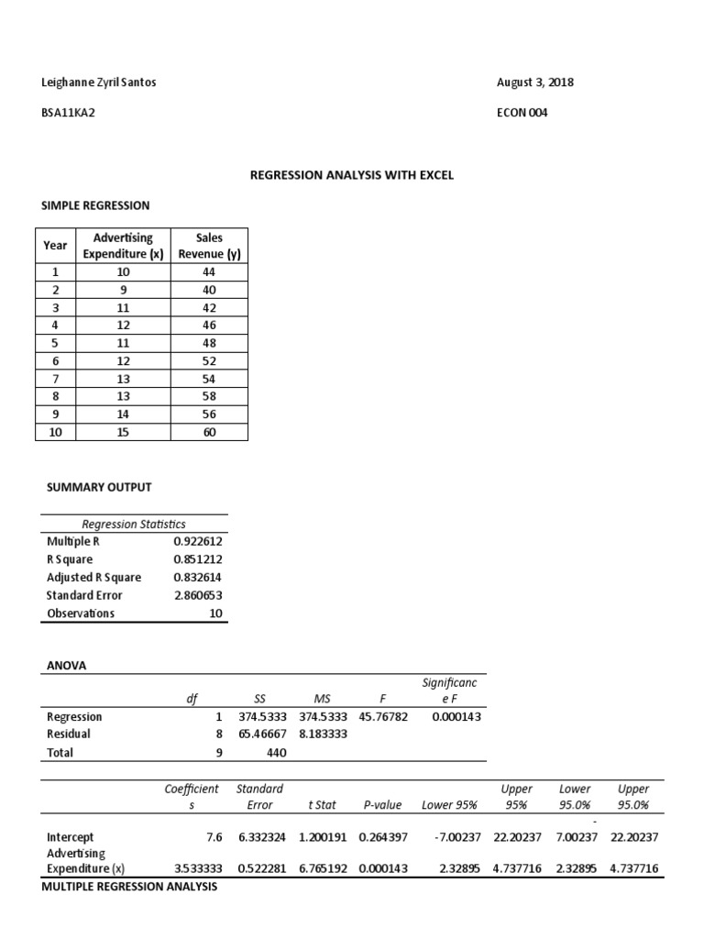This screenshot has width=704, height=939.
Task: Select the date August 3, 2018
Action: pos(534,83)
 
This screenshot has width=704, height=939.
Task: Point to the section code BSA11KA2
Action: pos(68,113)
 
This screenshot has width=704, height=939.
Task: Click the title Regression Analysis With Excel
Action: pos(352,174)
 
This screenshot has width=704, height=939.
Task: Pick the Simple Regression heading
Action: pos(97,205)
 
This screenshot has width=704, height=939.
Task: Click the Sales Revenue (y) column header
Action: pos(209,246)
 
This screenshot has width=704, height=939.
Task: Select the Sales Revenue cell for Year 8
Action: pos(209,395)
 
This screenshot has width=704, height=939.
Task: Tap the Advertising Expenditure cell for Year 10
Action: pos(124,432)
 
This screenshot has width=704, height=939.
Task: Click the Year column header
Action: pos(55,246)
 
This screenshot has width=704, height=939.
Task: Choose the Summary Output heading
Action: pos(98,487)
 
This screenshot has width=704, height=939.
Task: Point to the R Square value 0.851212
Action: pos(197,559)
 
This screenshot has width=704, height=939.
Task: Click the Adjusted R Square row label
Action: pos(94,578)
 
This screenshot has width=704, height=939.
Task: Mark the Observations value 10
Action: pos(216,613)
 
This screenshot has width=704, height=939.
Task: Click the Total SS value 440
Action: pos(276,753)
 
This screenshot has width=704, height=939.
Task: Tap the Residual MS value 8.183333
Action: pos(323,735)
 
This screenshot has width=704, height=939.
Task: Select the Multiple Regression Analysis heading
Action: pos(129,888)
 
